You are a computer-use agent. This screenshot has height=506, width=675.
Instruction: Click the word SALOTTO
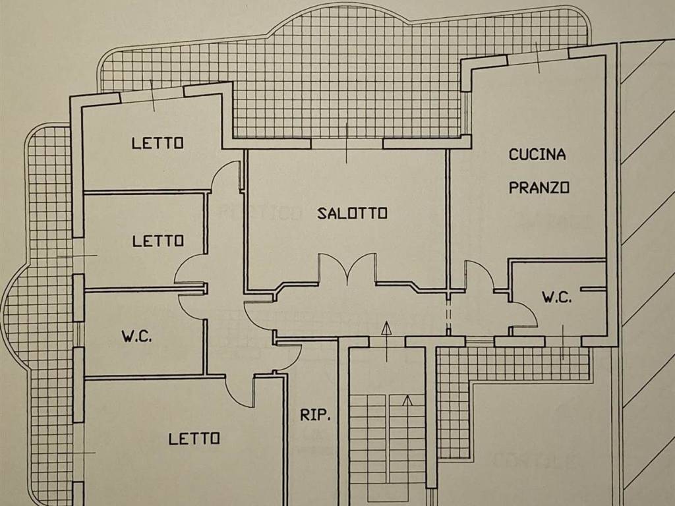click(352, 213)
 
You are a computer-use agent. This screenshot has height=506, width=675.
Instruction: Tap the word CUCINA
click(537, 155)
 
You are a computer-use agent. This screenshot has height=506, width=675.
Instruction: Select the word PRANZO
click(539, 188)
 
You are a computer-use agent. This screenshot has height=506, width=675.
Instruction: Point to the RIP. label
click(315, 415)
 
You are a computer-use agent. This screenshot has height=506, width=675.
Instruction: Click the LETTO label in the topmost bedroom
click(158, 142)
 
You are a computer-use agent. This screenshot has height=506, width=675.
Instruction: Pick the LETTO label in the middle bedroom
click(158, 241)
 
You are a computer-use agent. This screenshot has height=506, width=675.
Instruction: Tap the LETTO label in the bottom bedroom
click(194, 438)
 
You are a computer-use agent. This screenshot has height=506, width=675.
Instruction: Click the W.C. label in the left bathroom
click(136, 337)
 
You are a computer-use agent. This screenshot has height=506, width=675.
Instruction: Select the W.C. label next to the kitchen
click(557, 297)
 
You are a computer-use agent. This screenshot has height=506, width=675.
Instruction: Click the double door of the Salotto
click(347, 269)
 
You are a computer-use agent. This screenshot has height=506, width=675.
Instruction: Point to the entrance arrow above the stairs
click(386, 329)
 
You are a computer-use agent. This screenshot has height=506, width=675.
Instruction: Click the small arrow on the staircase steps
click(407, 401)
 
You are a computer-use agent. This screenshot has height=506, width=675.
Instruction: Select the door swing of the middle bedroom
click(191, 270)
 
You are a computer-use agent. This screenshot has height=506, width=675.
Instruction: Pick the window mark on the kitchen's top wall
click(538, 57)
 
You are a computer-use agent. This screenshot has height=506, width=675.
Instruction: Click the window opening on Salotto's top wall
click(347, 142)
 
